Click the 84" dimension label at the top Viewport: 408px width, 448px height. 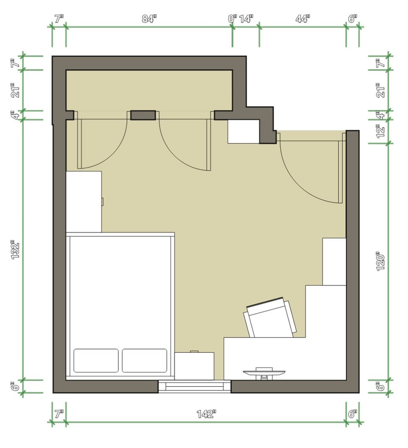tap(150, 19)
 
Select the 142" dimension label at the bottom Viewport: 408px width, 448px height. tap(206, 414)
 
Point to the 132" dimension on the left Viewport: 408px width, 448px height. tap(15, 251)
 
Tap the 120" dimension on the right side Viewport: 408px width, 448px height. tap(380, 261)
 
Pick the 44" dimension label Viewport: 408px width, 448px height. tap(303, 19)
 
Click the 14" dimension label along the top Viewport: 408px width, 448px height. tap(246, 19)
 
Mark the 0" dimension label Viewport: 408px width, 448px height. tap(232, 19)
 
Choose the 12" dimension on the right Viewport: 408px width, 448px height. tap(380, 131)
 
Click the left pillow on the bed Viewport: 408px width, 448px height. tap(96, 360)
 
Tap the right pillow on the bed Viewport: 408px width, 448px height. tap(144, 360)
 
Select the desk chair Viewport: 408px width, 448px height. tap(270, 318)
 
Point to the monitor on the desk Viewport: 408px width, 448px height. tap(264, 373)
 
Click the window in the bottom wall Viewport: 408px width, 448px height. tap(195, 386)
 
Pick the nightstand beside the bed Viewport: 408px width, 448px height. tap(194, 366)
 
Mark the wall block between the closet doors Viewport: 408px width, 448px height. tap(143, 115)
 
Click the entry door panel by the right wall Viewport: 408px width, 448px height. tap(340, 172)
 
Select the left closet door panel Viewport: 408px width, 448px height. tap(79, 144)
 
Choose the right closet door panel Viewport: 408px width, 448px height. tap(209, 145)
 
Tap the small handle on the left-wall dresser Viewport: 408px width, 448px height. tap(102, 202)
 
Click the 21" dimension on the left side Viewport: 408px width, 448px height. tap(15, 90)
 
